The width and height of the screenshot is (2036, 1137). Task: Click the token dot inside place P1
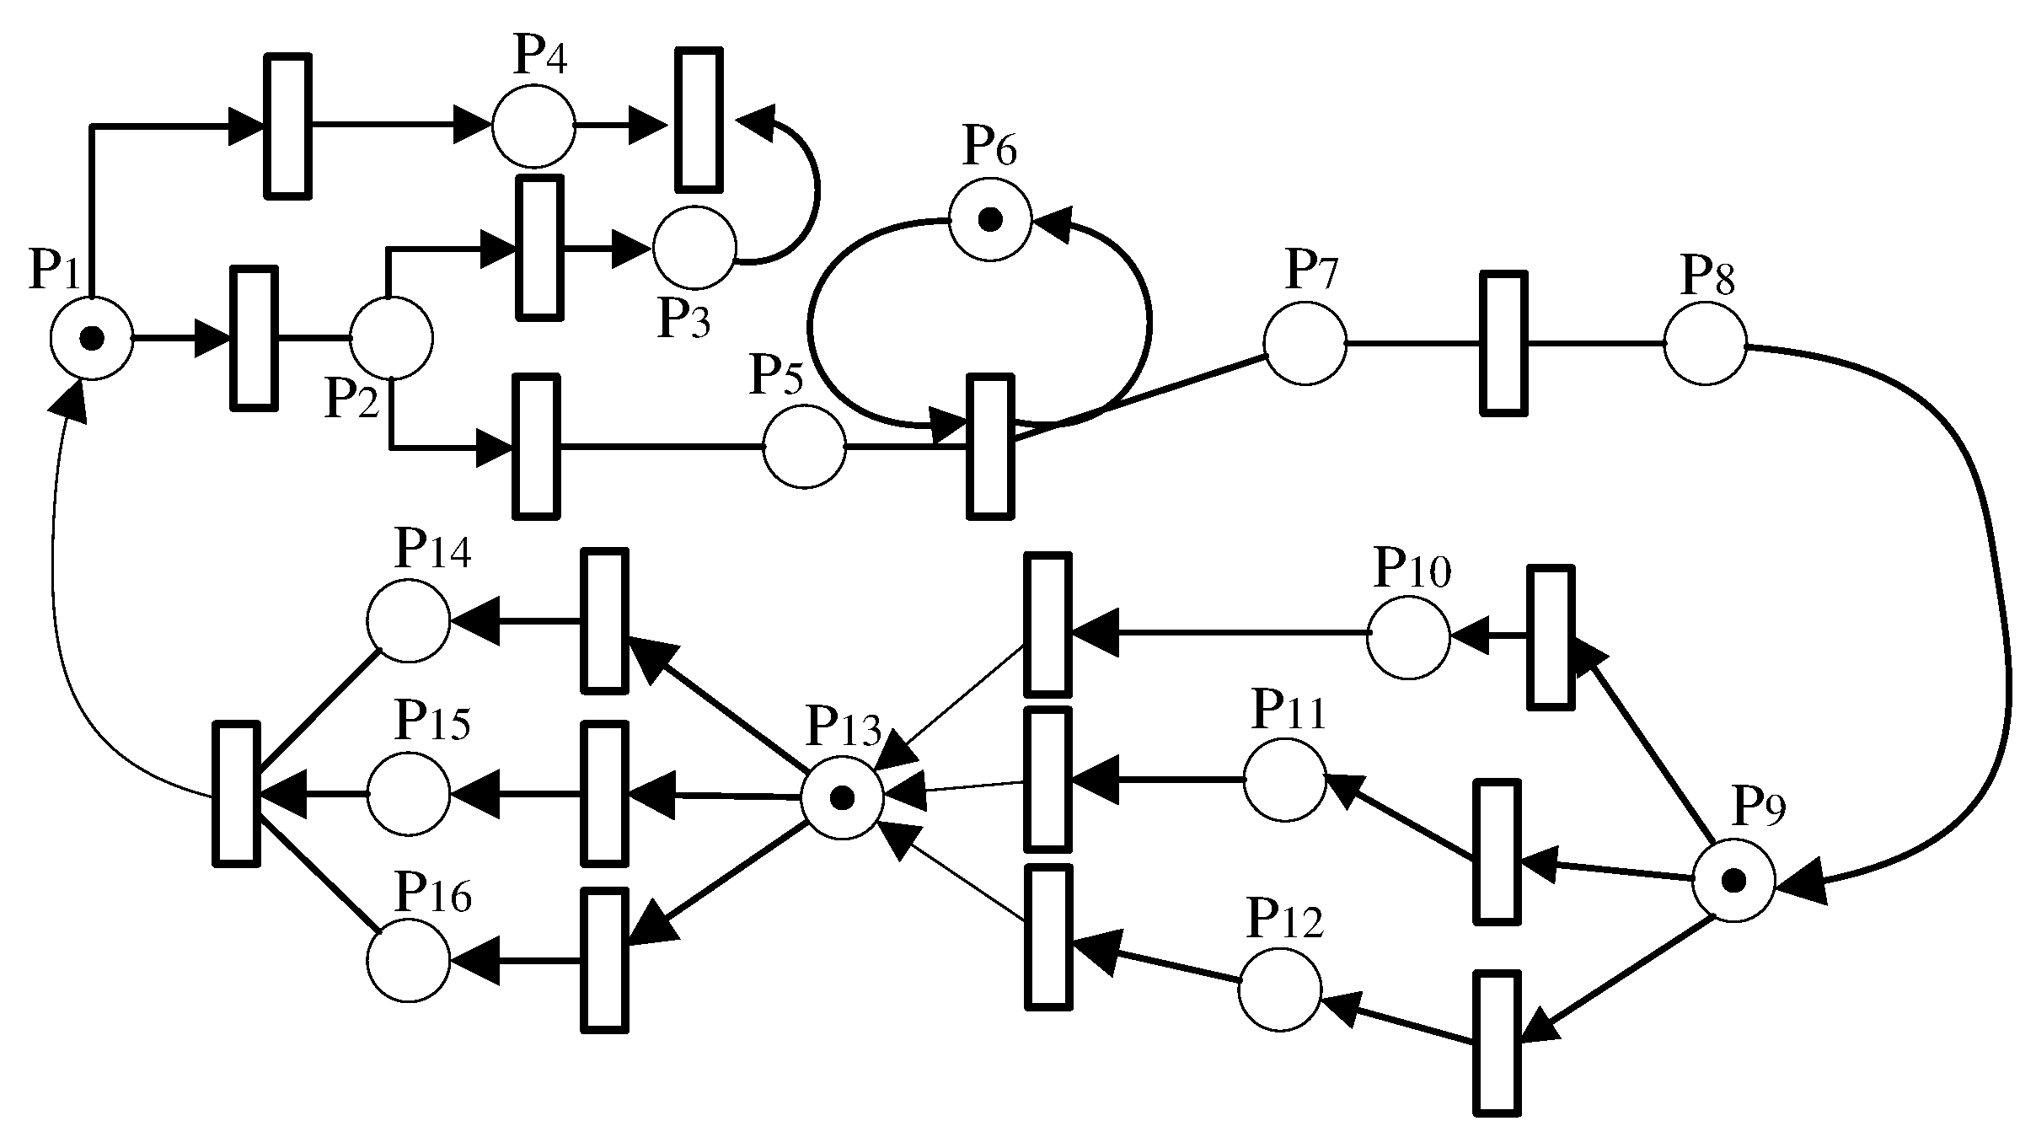(x=91, y=339)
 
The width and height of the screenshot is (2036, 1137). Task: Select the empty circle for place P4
(x=533, y=126)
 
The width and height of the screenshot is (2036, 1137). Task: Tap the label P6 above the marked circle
(x=990, y=148)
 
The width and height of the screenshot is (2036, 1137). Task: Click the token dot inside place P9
(x=1733, y=882)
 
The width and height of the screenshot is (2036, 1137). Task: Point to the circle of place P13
(x=842, y=797)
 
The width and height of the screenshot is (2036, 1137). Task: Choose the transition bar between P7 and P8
(x=1503, y=343)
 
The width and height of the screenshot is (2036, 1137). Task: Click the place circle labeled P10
(x=1408, y=637)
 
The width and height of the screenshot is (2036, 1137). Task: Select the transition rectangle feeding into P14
(x=604, y=621)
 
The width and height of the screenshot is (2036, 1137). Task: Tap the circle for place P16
(x=409, y=960)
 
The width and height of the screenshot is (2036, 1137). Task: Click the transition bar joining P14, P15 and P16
(x=236, y=793)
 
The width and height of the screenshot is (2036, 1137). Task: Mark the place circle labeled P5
(x=804, y=448)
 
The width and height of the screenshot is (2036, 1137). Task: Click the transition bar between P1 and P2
(x=254, y=339)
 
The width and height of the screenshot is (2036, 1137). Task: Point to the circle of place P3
(x=694, y=247)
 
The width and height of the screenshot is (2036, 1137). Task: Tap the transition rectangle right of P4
(x=699, y=119)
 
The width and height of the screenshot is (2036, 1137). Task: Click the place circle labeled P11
(x=1284, y=780)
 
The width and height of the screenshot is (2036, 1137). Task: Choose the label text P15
(x=432, y=721)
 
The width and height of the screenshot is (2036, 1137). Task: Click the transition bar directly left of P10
(x=1047, y=625)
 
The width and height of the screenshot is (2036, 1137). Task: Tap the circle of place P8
(x=1705, y=344)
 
